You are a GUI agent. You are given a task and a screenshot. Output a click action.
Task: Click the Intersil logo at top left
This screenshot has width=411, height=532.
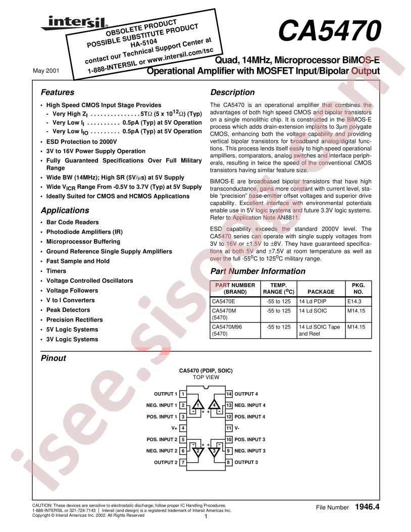tap(63, 23)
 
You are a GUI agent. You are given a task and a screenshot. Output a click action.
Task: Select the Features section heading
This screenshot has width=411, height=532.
tap(57, 92)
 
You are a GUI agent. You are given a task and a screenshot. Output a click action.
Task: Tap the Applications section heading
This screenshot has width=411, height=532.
tap(65, 210)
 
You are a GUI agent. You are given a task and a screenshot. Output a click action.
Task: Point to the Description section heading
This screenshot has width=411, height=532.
tap(232, 92)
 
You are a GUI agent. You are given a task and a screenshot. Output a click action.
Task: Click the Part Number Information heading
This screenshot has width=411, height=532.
tap(258, 271)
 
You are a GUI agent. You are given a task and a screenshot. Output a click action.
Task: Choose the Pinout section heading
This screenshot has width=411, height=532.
tap(53, 358)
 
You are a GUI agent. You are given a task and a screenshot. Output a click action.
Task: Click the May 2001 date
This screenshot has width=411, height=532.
tap(46, 71)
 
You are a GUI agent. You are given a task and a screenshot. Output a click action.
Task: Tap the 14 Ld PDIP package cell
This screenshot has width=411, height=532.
tap(313, 301)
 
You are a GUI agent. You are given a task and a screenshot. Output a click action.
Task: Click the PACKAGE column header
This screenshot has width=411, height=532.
tap(321, 292)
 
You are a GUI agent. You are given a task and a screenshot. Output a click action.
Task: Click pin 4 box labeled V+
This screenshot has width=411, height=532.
tap(183, 428)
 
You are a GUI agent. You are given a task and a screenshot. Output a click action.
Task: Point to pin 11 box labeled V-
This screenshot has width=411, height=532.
tap(229, 428)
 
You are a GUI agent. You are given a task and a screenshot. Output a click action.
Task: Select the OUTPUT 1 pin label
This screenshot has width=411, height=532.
tap(166, 394)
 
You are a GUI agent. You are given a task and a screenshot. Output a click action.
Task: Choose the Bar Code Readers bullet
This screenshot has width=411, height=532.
tap(72, 222)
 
